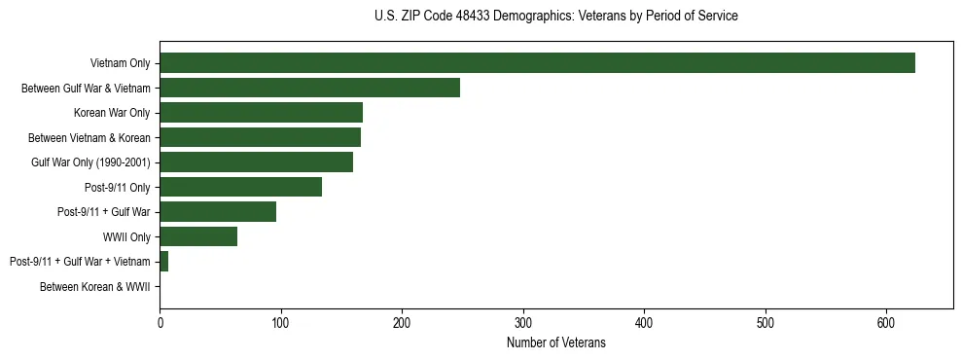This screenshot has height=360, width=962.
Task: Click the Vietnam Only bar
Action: pos(537,63)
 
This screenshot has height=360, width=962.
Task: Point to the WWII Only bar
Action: pos(198,236)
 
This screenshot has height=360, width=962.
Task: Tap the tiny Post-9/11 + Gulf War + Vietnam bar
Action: pos(163,262)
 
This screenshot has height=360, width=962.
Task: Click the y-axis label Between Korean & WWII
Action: pos(94,287)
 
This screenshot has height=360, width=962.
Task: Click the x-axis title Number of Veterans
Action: pos(555,342)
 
